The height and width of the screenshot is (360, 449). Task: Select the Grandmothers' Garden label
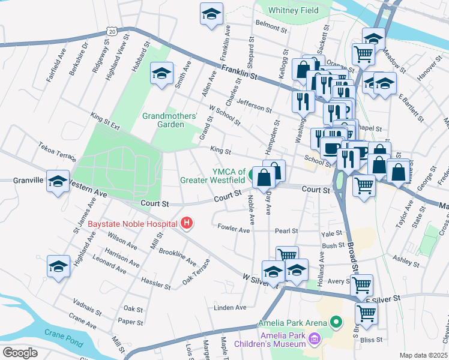click(161, 120)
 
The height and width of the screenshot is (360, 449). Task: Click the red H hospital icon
click(187, 224)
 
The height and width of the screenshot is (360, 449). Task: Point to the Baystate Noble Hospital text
click(133, 224)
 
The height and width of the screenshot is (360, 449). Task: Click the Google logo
click(20, 352)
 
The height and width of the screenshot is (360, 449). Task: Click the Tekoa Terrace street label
click(57, 152)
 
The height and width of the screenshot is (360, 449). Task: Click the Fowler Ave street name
click(234, 229)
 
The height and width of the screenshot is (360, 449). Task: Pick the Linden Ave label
click(231, 308)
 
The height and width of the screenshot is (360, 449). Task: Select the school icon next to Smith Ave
click(161, 74)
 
